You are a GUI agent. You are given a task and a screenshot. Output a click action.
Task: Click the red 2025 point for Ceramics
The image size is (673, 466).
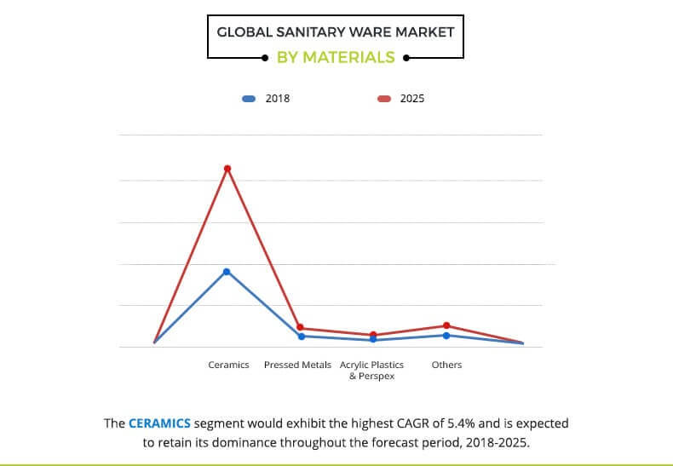pos(227,169)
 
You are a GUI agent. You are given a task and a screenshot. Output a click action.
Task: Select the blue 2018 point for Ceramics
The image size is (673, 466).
pos(227,272)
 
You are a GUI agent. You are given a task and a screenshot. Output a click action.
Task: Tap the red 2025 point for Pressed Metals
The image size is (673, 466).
pos(300,328)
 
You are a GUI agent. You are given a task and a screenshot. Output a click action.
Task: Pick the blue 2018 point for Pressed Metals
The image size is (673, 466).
pos(300,337)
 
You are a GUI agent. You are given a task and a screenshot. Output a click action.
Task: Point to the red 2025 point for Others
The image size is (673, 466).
pos(446,325)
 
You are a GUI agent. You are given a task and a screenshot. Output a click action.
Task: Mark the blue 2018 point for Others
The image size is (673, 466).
pos(446,335)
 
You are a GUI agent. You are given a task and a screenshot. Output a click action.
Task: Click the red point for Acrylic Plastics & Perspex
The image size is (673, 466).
pos(372,335)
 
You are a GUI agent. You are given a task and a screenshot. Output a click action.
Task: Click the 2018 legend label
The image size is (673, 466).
pos(278,99)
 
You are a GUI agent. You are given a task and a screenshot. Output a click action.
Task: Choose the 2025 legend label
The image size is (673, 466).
pos(411,99)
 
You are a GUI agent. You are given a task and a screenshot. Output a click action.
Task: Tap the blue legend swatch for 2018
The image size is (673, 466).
pos(249,99)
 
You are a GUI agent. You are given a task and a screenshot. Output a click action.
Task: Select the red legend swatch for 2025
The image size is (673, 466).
pos(383,99)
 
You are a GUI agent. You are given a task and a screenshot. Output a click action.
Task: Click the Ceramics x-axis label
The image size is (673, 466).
pos(228,365)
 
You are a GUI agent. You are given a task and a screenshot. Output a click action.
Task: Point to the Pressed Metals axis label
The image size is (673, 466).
pos(298,365)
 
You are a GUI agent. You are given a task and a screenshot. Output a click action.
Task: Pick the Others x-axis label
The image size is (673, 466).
pos(446,365)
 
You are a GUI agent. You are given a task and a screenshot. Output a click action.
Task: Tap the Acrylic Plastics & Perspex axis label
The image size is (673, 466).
pos(372,370)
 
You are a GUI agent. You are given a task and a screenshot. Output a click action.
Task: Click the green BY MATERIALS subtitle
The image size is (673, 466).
pos(336,58)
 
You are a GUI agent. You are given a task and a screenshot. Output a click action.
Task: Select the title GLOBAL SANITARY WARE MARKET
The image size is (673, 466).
pos(336,33)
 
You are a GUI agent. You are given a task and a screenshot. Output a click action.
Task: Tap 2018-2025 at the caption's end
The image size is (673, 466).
pos(496,443)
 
